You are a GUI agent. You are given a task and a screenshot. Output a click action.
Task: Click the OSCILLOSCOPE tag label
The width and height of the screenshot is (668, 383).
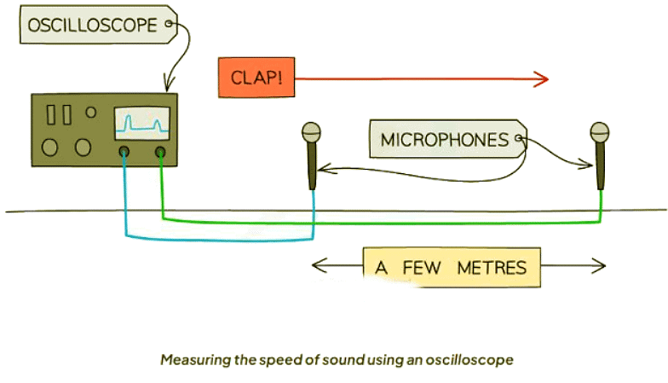[92, 26]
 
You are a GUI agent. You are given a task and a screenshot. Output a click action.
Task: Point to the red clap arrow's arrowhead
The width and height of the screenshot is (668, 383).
[542, 79]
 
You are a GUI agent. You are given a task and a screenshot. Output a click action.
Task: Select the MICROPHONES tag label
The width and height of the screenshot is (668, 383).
[443, 139]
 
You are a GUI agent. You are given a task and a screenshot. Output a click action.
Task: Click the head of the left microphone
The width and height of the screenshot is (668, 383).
[312, 132]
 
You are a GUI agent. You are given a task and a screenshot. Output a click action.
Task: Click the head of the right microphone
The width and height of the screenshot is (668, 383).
[602, 132]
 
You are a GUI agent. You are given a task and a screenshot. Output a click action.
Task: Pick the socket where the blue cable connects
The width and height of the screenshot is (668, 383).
[124, 154]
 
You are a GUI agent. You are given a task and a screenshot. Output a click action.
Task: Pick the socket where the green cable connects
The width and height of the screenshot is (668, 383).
[160, 154]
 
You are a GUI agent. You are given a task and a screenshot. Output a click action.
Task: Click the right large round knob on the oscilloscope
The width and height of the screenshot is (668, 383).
[82, 148]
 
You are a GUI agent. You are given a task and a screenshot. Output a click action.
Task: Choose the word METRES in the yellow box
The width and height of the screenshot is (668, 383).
[492, 268]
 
